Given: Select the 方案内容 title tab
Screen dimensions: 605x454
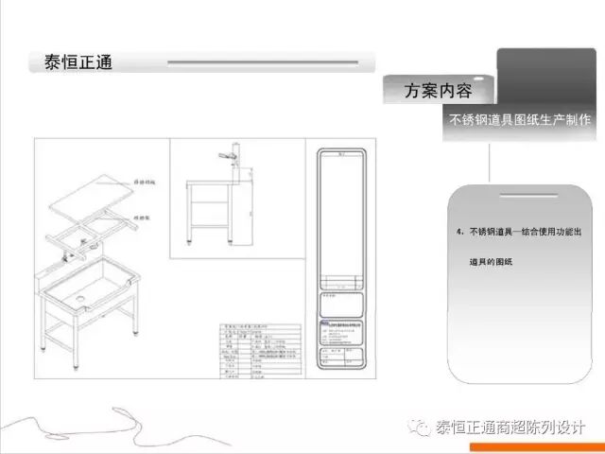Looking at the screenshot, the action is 438,92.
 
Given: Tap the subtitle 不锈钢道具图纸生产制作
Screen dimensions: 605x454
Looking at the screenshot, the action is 520,121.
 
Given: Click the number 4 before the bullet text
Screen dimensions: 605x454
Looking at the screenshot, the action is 458,232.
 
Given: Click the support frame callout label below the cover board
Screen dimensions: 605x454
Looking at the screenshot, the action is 144,216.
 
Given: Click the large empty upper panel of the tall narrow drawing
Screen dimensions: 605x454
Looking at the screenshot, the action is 341,213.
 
